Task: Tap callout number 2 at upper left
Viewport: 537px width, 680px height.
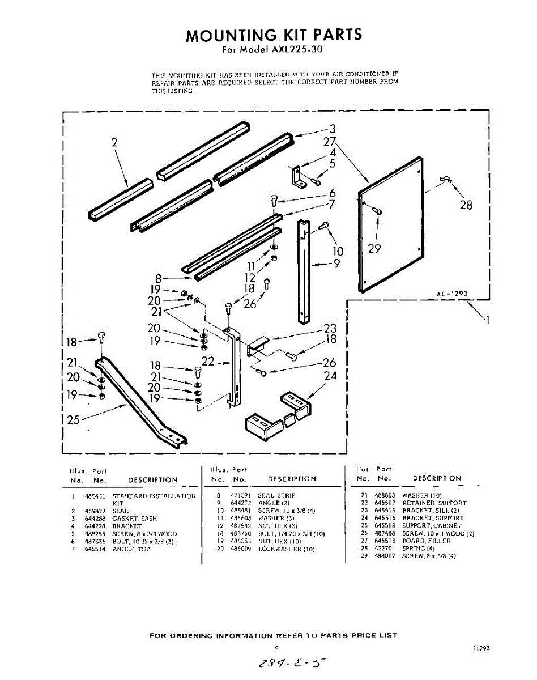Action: pos(114,143)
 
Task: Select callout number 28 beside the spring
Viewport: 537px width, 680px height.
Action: pos(466,205)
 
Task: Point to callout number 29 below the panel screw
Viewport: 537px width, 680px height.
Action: pos(374,248)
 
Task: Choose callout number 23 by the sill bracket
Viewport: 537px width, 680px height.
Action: pos(330,328)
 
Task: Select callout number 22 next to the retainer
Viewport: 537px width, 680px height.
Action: pos(208,362)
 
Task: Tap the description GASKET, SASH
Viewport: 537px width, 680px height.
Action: pos(134,518)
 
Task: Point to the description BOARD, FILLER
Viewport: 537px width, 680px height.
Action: pos(426,541)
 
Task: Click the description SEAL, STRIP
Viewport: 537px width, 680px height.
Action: pos(276,496)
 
